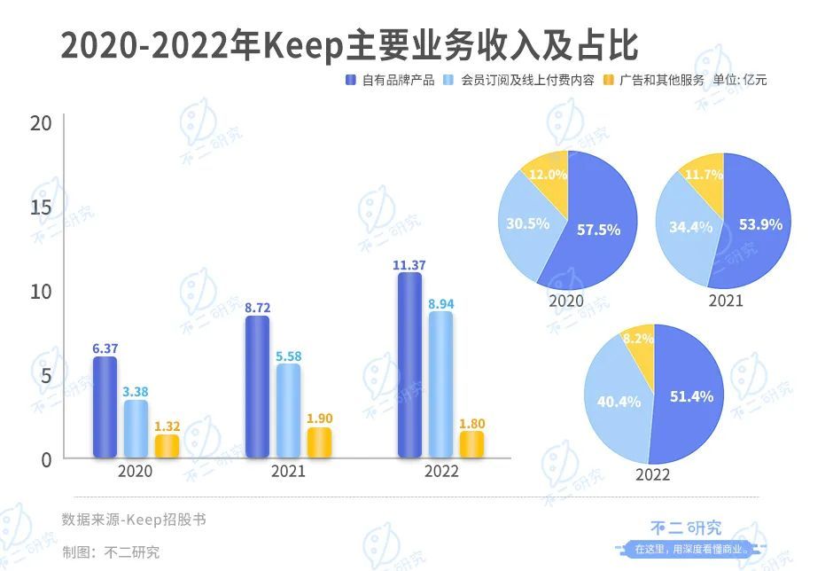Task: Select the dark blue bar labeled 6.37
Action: coord(105,408)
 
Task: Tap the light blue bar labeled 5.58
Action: coord(288,411)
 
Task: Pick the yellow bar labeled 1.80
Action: coord(471,445)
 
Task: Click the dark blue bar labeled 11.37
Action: coord(409,365)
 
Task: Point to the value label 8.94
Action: coord(440,304)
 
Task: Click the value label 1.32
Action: coord(167,426)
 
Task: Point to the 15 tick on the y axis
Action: coord(42,207)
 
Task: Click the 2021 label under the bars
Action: coord(287,471)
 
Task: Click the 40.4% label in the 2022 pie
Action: coord(619,402)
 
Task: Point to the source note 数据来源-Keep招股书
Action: coord(134,519)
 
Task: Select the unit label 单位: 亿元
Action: coord(740,80)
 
